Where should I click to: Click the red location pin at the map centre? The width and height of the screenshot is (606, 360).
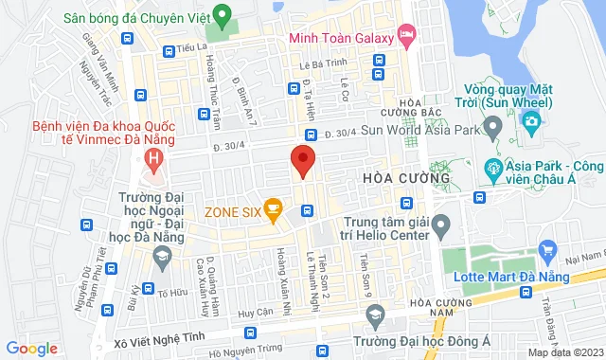302,162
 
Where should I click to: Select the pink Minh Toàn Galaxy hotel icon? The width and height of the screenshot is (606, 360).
405,36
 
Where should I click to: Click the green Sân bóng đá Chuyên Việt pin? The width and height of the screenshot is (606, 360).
222,16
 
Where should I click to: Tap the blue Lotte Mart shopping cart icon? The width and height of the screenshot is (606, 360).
545,249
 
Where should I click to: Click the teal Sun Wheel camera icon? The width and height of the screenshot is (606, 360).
532,120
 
